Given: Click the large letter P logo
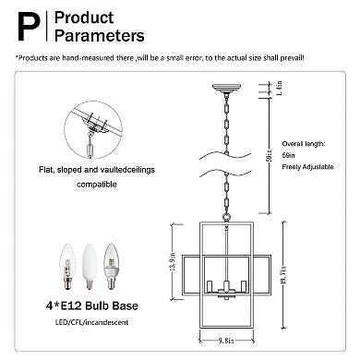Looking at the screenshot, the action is click(x=30, y=27).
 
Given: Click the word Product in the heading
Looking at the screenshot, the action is click(x=84, y=18).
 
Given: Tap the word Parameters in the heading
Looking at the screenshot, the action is click(x=100, y=35).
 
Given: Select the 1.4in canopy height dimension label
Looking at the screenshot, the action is click(x=280, y=89).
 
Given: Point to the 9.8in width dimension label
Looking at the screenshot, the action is click(x=226, y=341).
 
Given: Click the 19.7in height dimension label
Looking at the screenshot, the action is click(x=283, y=275).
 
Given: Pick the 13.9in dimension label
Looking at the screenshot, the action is click(x=173, y=261).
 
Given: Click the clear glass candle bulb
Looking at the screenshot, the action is click(x=67, y=267).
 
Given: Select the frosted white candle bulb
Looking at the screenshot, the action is click(x=90, y=267).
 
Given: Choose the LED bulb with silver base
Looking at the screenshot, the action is click(x=111, y=267).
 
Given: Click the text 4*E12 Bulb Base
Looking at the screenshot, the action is click(x=92, y=306).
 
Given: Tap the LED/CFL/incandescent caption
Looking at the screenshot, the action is click(x=91, y=322).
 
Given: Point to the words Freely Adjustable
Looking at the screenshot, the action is click(x=307, y=167).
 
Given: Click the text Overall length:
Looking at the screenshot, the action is click(x=304, y=144).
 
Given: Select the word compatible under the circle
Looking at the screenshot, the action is click(x=97, y=185).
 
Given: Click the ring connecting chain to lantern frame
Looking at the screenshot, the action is click(x=227, y=217).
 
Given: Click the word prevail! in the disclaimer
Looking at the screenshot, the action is click(x=292, y=58).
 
